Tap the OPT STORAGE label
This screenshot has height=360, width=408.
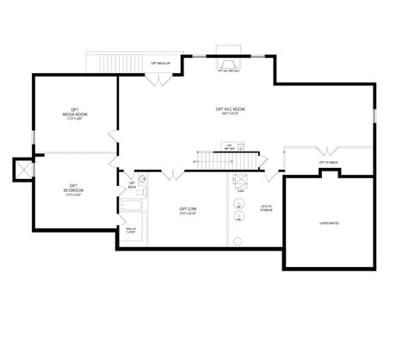(x=328, y=161)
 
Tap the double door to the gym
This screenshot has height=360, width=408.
(x=173, y=175)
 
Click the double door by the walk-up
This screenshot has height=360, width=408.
(x=158, y=80)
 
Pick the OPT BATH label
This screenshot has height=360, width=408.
(x=132, y=184)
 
